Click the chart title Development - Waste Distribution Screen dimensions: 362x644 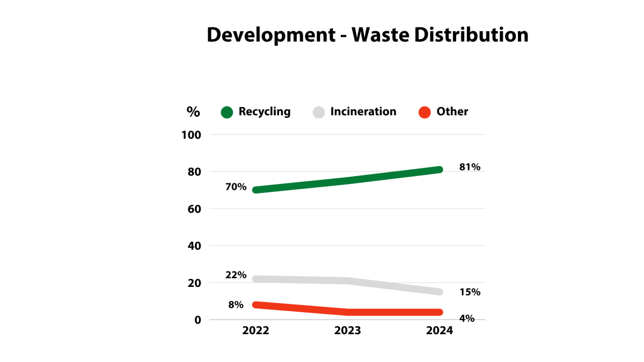(368, 35)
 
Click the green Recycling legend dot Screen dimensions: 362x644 (227, 112)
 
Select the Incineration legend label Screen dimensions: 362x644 (363, 112)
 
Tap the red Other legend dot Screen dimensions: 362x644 (425, 112)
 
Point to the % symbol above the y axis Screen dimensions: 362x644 (193, 112)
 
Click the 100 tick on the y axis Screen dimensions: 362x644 (191, 135)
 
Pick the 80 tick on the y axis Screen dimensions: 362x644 (194, 172)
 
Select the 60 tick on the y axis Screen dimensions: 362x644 (194, 209)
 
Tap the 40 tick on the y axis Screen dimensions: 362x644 (194, 246)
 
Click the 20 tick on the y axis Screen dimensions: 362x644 (194, 283)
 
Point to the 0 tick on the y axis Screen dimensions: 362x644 (197, 320)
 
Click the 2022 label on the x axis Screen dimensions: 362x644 (256, 331)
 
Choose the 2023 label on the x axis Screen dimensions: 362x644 (348, 331)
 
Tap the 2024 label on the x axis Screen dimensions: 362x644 (440, 331)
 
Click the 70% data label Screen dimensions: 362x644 (236, 187)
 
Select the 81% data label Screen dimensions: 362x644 (470, 167)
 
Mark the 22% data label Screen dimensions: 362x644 (236, 275)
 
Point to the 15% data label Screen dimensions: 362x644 (470, 292)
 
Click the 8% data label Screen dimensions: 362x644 (236, 305)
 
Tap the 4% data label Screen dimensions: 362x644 (467, 319)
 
